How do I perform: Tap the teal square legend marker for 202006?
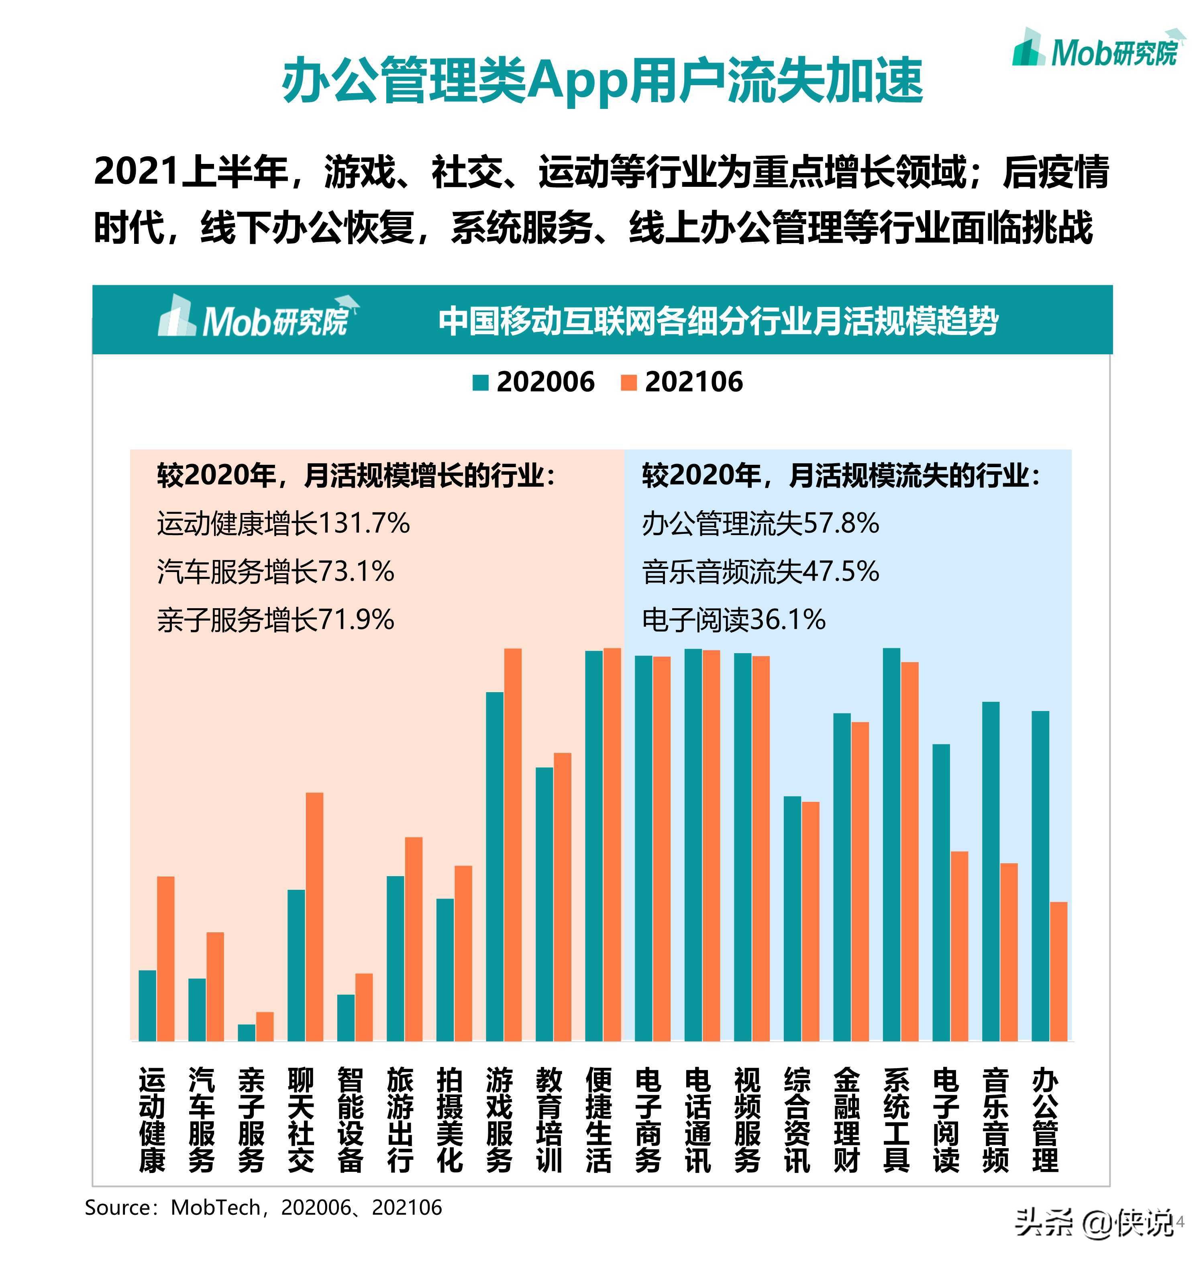click(x=480, y=383)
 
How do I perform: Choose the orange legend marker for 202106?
click(x=629, y=383)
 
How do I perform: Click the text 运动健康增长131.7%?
click(x=283, y=524)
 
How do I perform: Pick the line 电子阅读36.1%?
click(x=734, y=619)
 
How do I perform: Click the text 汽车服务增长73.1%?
click(x=275, y=571)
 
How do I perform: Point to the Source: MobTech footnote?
click(x=263, y=1208)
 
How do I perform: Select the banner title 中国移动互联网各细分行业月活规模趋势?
click(x=718, y=321)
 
